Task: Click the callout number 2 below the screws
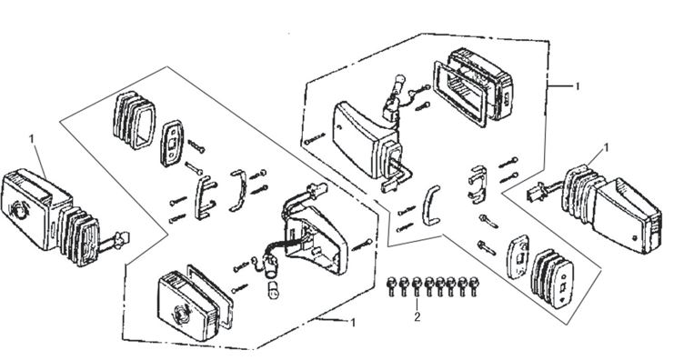click(417, 317)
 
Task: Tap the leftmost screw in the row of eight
click(391, 286)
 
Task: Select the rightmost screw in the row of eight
click(474, 286)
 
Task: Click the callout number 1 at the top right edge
click(578, 86)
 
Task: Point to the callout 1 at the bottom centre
click(353, 322)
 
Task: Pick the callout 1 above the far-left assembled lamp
click(31, 139)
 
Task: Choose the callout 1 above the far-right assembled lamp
click(607, 148)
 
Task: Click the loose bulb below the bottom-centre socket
click(272, 292)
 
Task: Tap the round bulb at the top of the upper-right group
click(399, 81)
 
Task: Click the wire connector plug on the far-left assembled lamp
click(121, 238)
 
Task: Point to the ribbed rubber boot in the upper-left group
click(134, 120)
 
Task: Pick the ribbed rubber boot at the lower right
click(552, 277)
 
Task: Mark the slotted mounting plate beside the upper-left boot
click(172, 143)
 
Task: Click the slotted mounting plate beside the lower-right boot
click(518, 256)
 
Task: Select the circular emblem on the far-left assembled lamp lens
click(18, 210)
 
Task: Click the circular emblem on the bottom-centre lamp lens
click(181, 313)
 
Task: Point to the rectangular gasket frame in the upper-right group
click(461, 94)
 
